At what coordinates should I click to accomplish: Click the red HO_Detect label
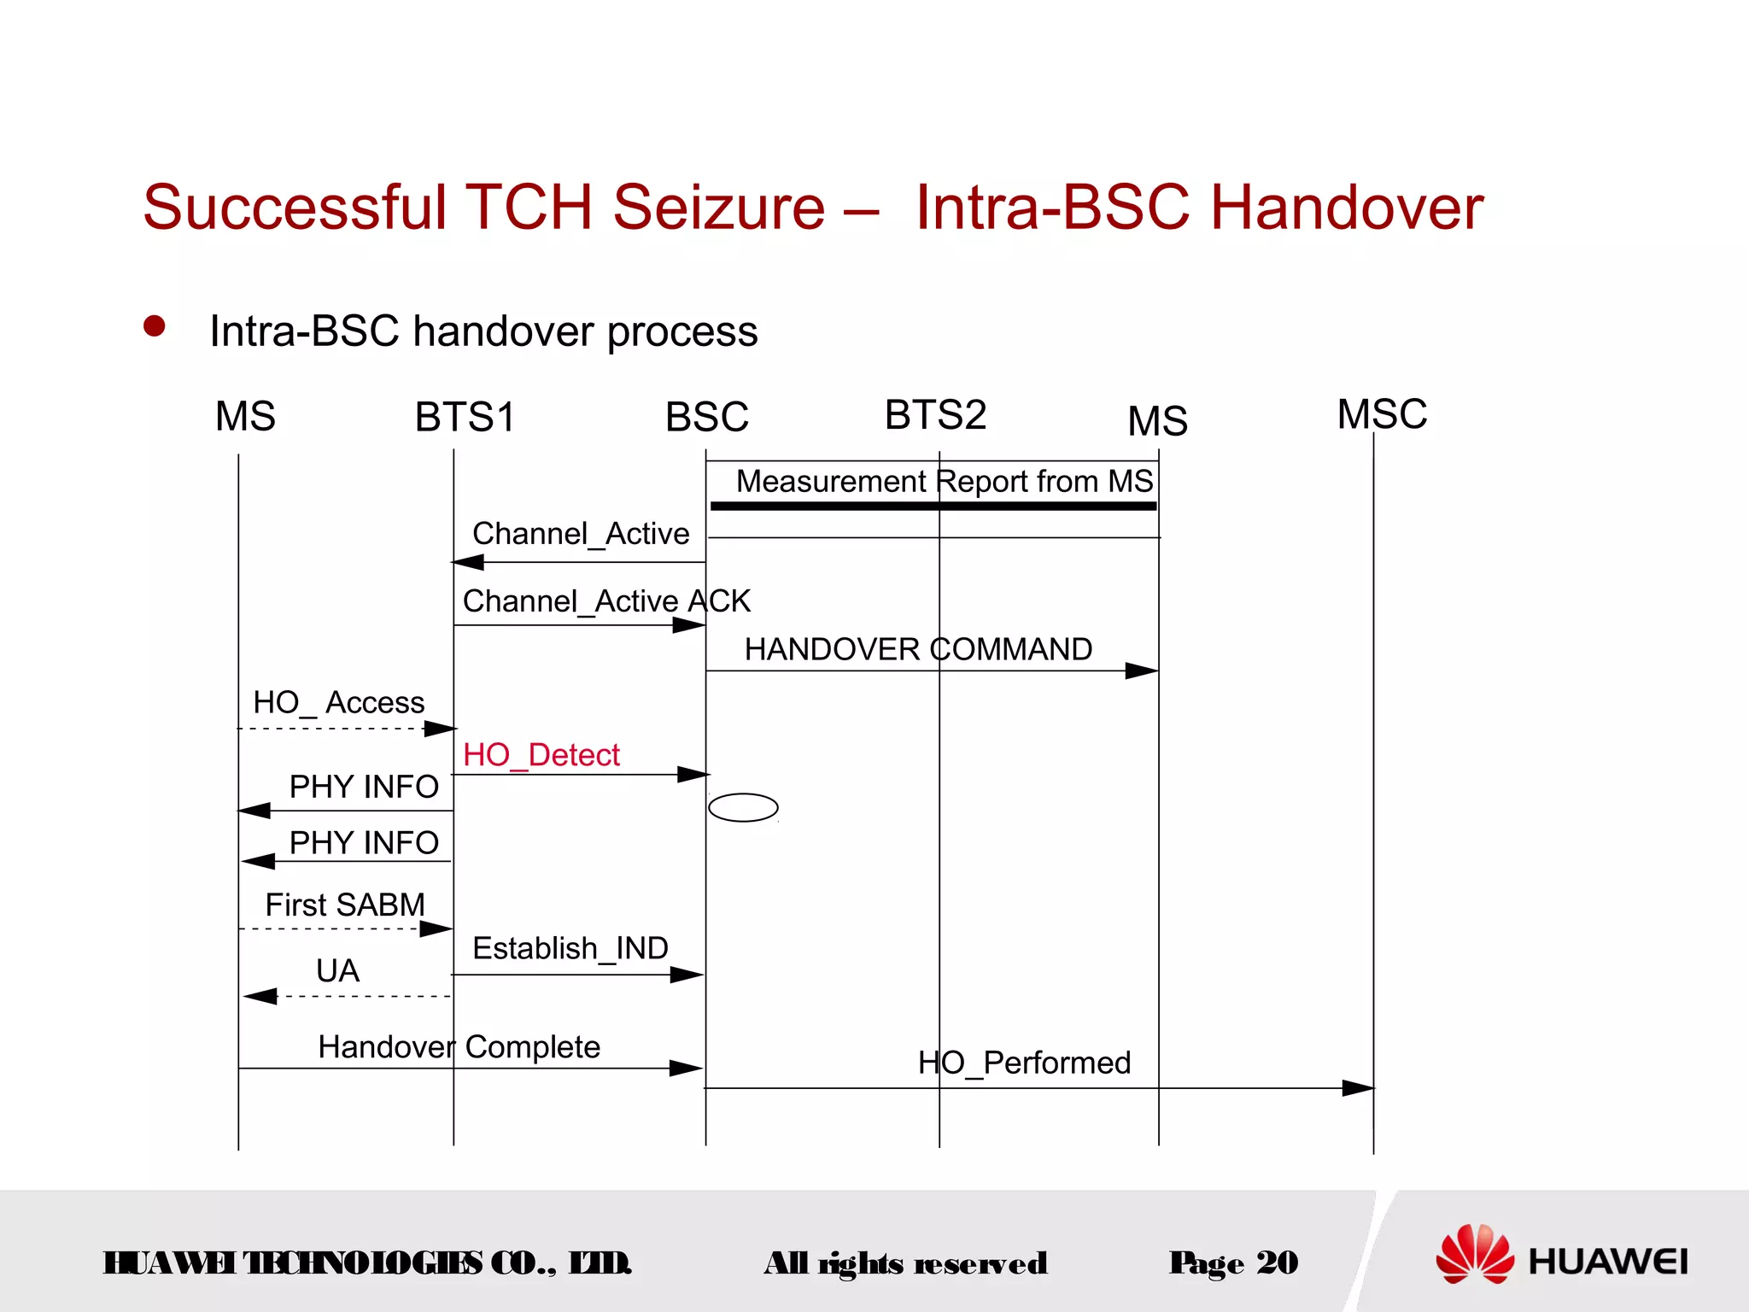pyautogui.click(x=541, y=755)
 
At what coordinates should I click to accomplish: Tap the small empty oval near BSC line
pyautogui.click(x=743, y=807)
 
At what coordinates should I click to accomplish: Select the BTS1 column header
pyautogui.click(x=465, y=418)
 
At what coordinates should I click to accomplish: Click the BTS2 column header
pyautogui.click(x=935, y=415)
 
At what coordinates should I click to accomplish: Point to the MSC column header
pyautogui.click(x=1382, y=414)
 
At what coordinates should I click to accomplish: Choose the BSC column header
pyautogui.click(x=706, y=418)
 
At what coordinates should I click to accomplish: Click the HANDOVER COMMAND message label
pyautogui.click(x=918, y=649)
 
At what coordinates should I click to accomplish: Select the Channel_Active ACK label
pyautogui.click(x=606, y=601)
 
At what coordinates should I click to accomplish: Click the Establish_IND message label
pyautogui.click(x=570, y=948)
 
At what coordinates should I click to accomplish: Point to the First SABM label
pyautogui.click(x=345, y=905)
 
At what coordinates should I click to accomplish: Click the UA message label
pyautogui.click(x=337, y=971)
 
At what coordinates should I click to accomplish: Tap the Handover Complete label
pyautogui.click(x=459, y=1047)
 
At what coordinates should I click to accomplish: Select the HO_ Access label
pyautogui.click(x=338, y=703)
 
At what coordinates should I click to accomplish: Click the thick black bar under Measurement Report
pyautogui.click(x=933, y=507)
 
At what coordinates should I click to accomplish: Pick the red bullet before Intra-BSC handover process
pyautogui.click(x=155, y=326)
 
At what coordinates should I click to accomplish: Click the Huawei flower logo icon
pyautogui.click(x=1474, y=1254)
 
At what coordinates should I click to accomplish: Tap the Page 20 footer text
pyautogui.click(x=1233, y=1262)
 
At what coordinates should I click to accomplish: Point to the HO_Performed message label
pyautogui.click(x=1024, y=1063)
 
